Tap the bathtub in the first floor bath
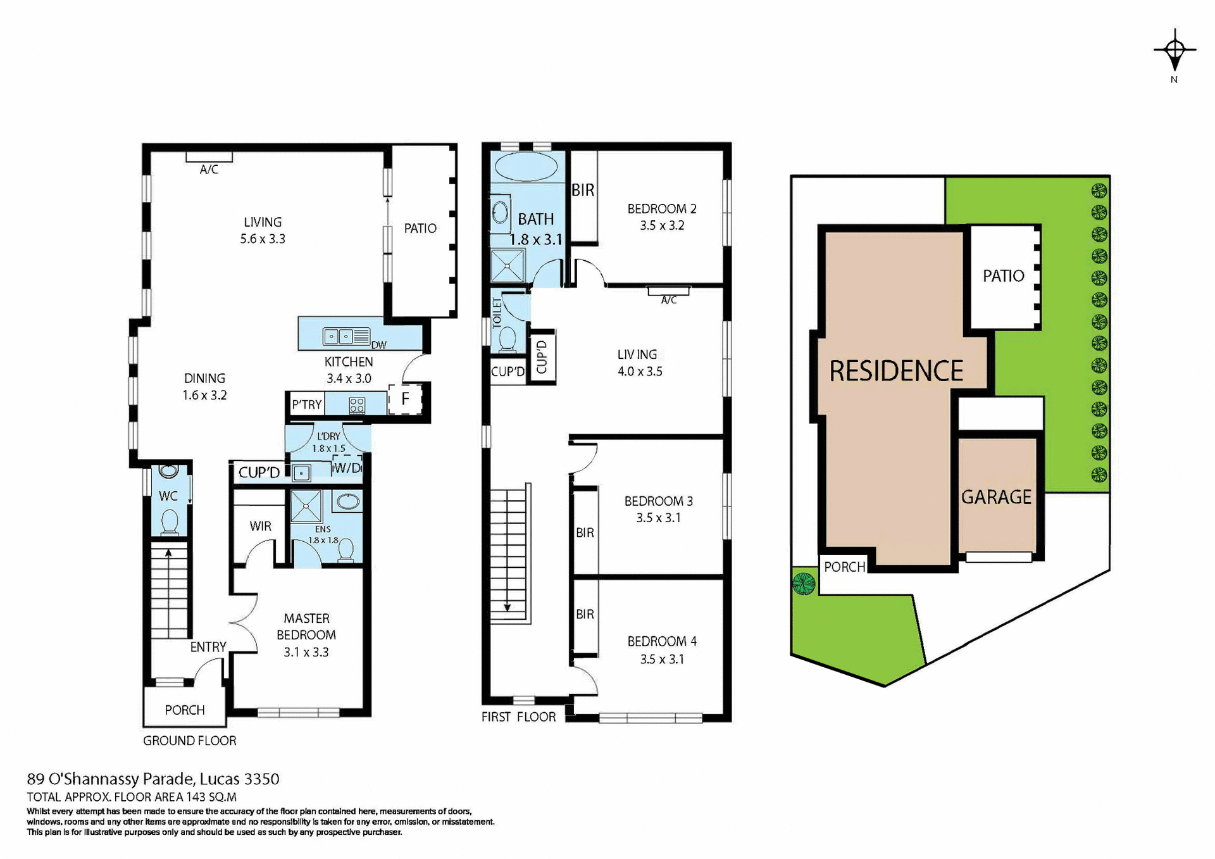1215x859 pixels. pos(526,168)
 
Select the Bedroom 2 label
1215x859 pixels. pos(661,209)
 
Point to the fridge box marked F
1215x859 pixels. pos(405,399)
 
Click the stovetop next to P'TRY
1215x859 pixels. pos(357,405)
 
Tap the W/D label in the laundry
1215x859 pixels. pos(347,468)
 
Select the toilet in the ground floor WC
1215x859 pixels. pos(169,523)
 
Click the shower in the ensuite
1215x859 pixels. pos(306,506)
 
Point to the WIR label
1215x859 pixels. pos(260,526)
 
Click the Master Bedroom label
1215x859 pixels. pos(306,627)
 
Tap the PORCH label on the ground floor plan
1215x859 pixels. pos(185,710)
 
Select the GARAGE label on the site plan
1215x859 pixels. pos(996,497)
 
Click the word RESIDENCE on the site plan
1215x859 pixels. pos(896,371)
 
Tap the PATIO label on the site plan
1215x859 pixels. pos(1003,276)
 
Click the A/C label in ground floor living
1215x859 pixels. pos(209,170)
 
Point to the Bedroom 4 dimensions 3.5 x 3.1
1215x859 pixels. pos(661,659)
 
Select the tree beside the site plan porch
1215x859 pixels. pos(804,583)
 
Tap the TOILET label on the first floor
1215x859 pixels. pos(497,313)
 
